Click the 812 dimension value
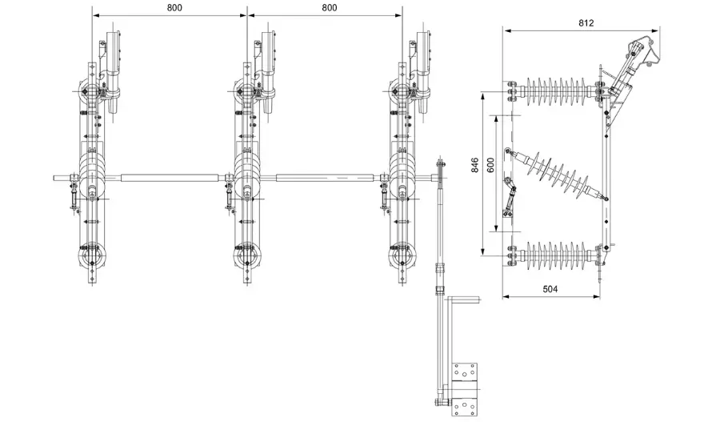click(x=586, y=23)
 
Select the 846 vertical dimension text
click(x=476, y=165)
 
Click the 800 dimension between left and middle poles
click(x=170, y=7)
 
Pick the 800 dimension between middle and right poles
click(x=324, y=7)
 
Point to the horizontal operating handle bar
click(x=466, y=301)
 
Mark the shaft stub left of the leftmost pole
click(x=64, y=178)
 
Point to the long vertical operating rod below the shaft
click(x=439, y=240)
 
